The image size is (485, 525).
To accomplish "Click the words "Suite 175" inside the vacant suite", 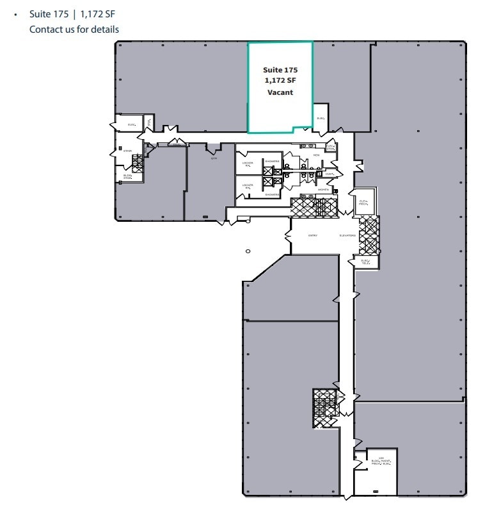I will pos(280,69).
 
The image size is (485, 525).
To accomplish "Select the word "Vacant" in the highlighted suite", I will pos(280,92).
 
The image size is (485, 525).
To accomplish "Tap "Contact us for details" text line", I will pos(74,29).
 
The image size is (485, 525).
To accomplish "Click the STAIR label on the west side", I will pos(128,151).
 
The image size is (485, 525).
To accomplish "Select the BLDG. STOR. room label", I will pos(128,176).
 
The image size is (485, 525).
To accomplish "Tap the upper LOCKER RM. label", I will pos(248,163).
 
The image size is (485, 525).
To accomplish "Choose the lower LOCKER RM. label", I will pos(248,186).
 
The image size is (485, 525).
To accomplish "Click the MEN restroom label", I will pos(316,154).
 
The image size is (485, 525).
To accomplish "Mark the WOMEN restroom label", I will pos(324,190).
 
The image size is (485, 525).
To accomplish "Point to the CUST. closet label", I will pos(330,174).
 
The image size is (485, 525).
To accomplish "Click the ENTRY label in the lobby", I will pos(313,235).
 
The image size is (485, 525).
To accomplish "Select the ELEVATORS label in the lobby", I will pos(347,235).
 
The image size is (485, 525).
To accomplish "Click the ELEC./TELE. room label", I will pos(365,262).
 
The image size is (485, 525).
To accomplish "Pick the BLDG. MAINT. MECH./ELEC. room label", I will pos(381,460).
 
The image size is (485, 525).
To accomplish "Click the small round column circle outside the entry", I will pos(248,251).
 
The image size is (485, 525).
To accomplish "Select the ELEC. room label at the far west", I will pos(132,124).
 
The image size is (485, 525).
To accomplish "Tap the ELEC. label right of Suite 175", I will pos(321,119).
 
